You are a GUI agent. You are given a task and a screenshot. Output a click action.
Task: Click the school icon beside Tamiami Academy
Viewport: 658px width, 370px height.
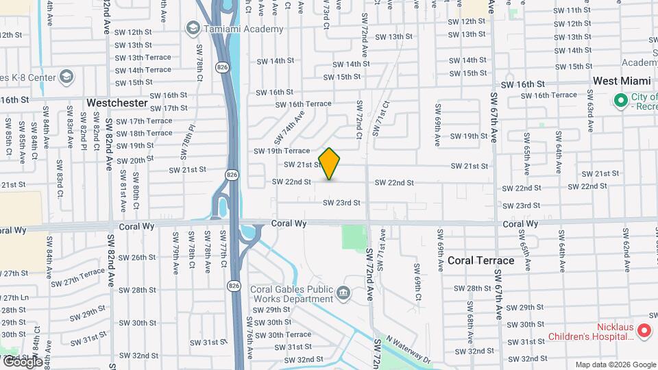pyautogui.click(x=193, y=28)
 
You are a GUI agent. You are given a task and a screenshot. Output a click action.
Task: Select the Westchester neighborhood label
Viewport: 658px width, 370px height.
pyautogui.click(x=117, y=103)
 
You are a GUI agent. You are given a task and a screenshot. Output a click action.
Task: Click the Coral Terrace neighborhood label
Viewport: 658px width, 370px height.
pyautogui.click(x=480, y=261)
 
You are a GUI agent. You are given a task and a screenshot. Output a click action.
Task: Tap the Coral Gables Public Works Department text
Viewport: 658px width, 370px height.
pyautogui.click(x=291, y=294)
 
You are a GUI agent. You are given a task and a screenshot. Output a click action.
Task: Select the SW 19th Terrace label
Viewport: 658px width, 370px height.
pyautogui.click(x=282, y=151)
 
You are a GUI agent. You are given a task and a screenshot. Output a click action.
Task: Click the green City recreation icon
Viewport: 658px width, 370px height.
pyautogui.click(x=622, y=101)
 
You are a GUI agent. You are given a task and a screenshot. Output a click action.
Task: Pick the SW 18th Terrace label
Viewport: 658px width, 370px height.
pyautogui.click(x=145, y=133)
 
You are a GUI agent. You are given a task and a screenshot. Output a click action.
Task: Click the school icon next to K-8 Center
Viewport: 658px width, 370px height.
pyautogui.click(x=66, y=76)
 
